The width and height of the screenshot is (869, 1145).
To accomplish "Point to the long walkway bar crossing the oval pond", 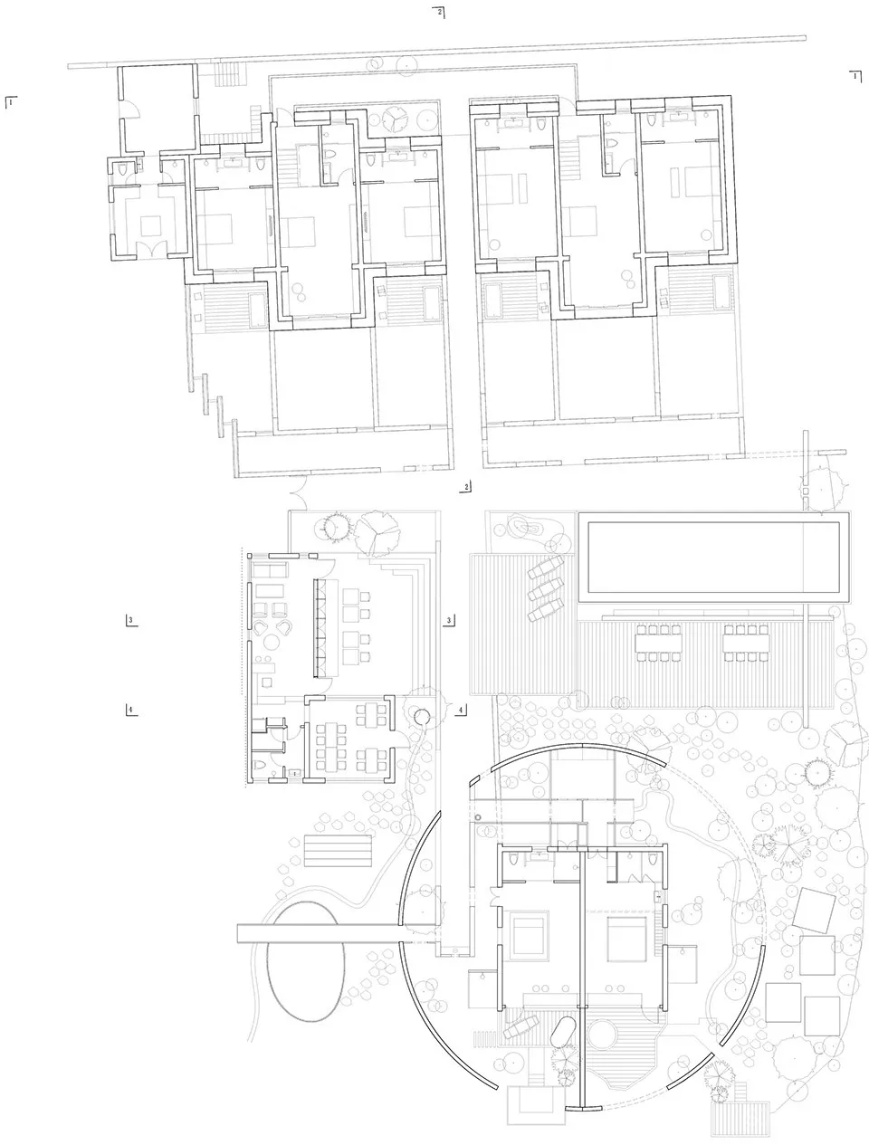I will pos(317,934).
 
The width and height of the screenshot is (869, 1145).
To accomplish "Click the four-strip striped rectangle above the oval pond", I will pos(339,852).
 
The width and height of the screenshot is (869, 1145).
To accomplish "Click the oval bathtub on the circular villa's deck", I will pos(563,1033).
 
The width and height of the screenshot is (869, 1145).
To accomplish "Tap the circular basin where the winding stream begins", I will pos(423,717).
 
